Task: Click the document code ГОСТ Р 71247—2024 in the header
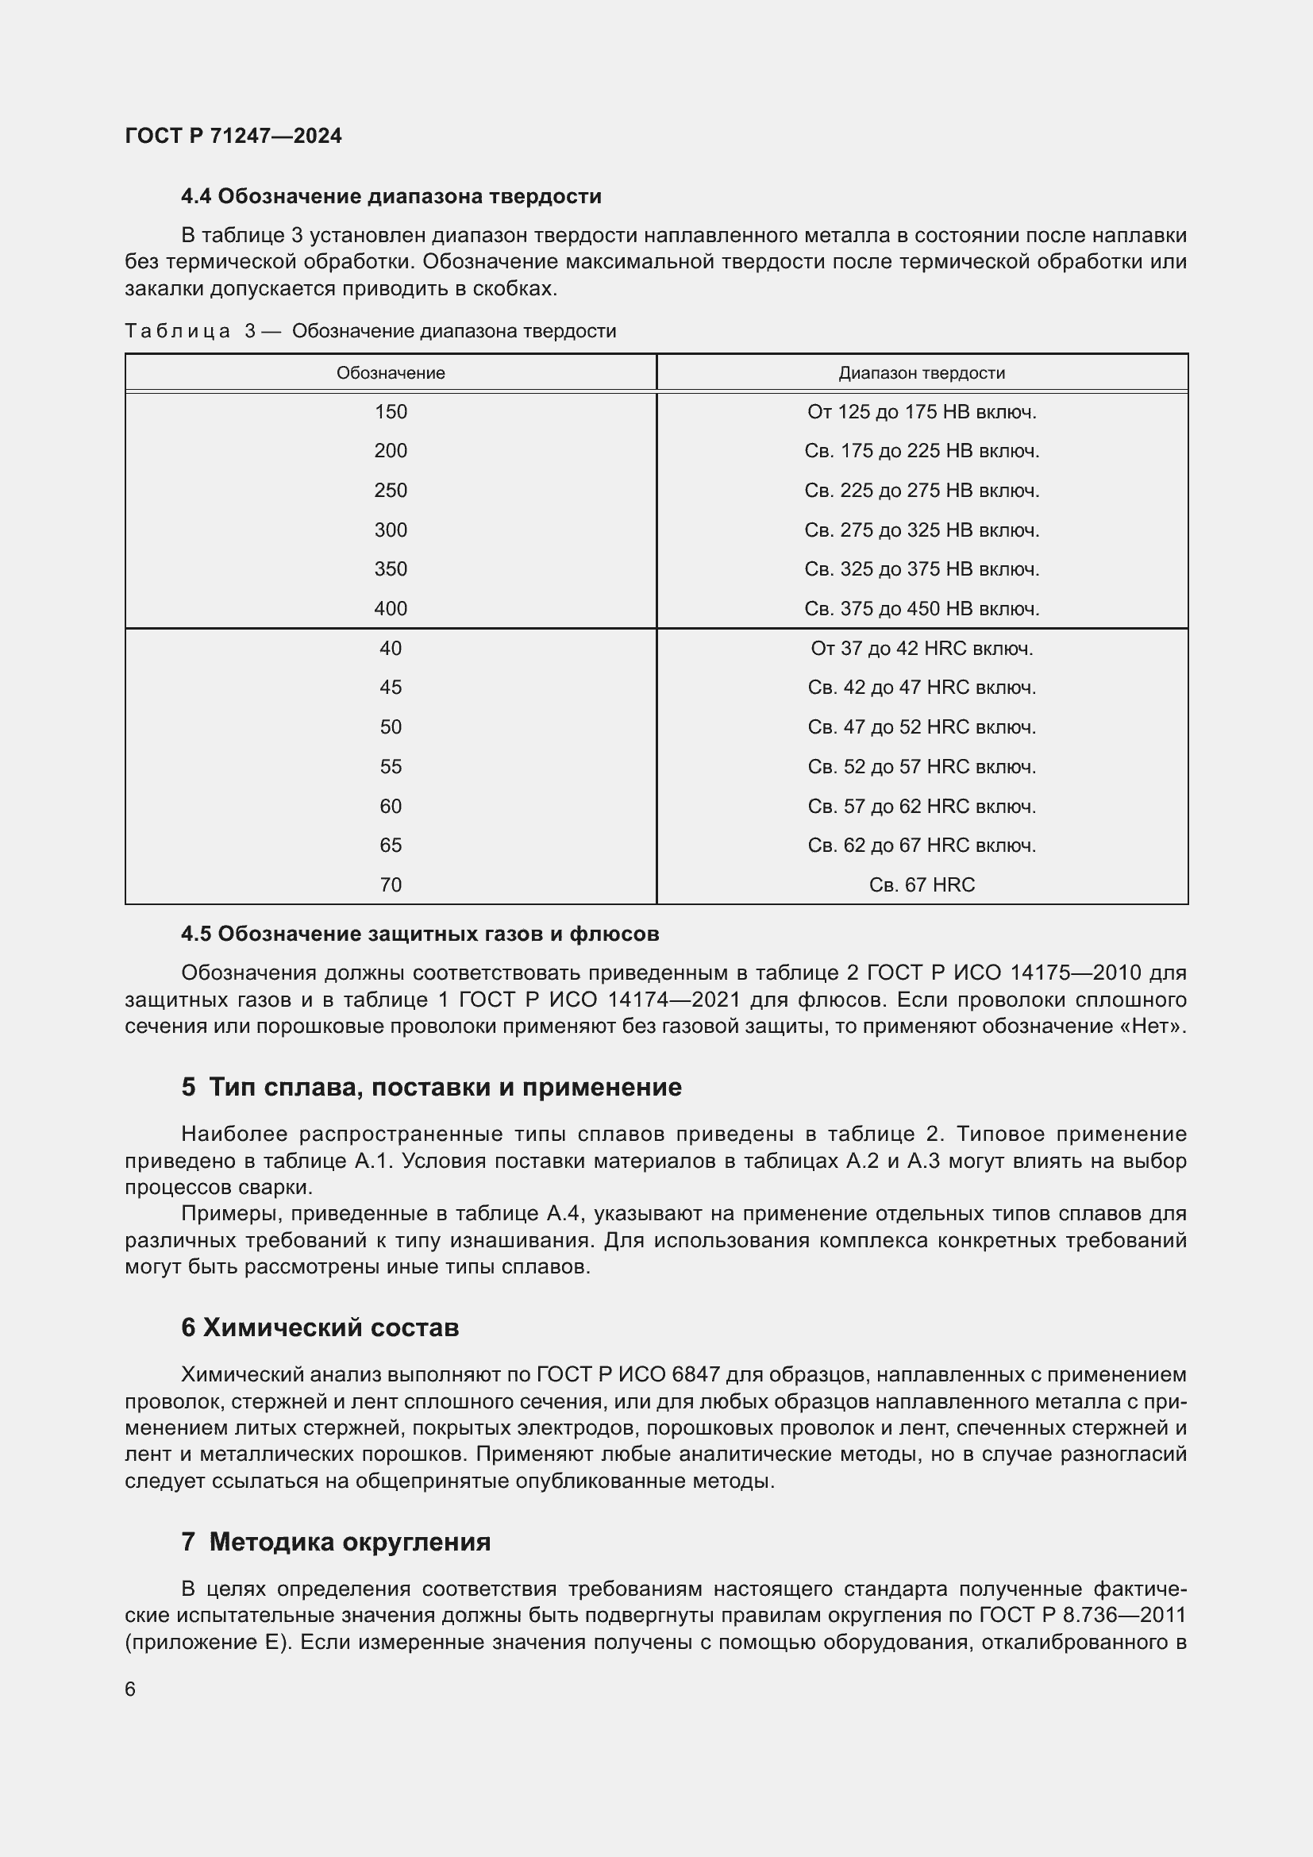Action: click(x=233, y=136)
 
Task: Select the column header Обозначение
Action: click(x=391, y=373)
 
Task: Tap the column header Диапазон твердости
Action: click(x=922, y=373)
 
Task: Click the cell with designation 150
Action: click(x=391, y=412)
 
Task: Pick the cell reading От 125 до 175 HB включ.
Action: click(x=922, y=412)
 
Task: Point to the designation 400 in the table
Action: click(x=391, y=608)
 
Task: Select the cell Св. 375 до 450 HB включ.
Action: click(x=922, y=608)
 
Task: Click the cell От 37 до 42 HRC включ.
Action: click(x=922, y=648)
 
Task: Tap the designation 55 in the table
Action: click(x=391, y=766)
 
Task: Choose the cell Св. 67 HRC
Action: click(x=922, y=884)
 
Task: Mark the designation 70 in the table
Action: click(x=391, y=884)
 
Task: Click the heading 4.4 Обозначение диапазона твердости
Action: click(x=391, y=197)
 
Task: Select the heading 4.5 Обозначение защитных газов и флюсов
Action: click(x=420, y=934)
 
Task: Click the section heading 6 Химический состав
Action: click(x=320, y=1327)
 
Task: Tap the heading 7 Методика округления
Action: click(x=336, y=1542)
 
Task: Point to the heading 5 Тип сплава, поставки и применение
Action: click(x=431, y=1087)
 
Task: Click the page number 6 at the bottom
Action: click(x=130, y=1689)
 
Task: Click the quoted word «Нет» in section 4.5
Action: click(x=1161, y=1026)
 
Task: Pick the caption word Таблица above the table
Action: click(x=178, y=331)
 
